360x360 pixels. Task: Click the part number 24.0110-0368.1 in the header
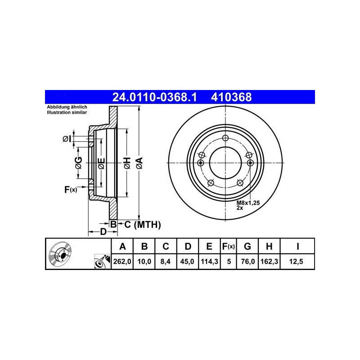pyautogui.click(x=154, y=97)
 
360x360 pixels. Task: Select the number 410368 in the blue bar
pyautogui.click(x=231, y=97)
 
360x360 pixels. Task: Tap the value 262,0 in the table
pyautogui.click(x=122, y=261)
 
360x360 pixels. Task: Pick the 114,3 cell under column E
pyautogui.click(x=209, y=261)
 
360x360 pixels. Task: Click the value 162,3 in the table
pyautogui.click(x=269, y=261)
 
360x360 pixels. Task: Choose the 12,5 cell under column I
pyautogui.click(x=296, y=261)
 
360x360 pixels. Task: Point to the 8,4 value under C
pyautogui.click(x=165, y=261)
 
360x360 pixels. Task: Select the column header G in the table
pyautogui.click(x=247, y=246)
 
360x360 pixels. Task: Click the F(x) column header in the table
pyautogui.click(x=229, y=246)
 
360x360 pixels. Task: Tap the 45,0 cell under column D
pyautogui.click(x=187, y=261)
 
